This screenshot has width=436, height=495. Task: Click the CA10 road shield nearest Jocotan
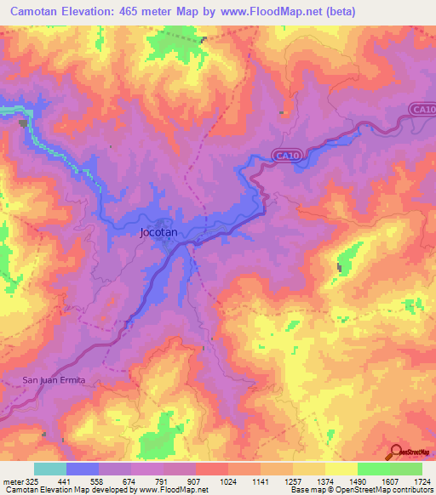tap(287, 155)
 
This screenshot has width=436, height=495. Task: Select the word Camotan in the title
tap(37, 11)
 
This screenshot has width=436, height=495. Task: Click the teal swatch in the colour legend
tap(49, 468)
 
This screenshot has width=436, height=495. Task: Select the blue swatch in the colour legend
tap(82, 468)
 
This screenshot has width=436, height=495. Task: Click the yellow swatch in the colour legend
tap(341, 468)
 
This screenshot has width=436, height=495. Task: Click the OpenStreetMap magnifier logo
tap(396, 452)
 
